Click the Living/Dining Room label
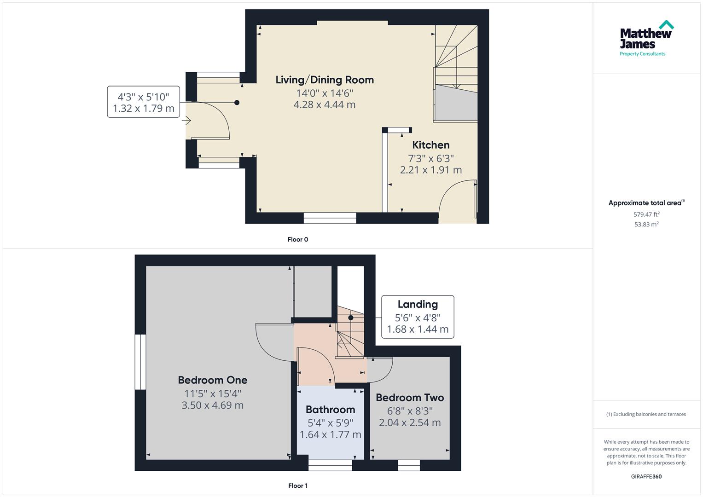(x=325, y=80)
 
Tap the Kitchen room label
(x=430, y=145)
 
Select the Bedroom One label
(x=213, y=380)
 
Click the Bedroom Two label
(x=410, y=398)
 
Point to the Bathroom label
(x=330, y=410)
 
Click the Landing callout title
(x=418, y=304)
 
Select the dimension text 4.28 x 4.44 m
(x=325, y=104)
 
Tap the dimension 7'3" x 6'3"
(x=430, y=158)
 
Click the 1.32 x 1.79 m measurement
(x=144, y=109)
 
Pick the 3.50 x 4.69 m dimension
(x=213, y=405)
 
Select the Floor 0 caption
(x=298, y=239)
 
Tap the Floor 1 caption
(x=298, y=485)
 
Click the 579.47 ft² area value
(x=646, y=214)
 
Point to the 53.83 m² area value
(x=646, y=225)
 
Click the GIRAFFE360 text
(x=646, y=476)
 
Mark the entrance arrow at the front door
(x=186, y=121)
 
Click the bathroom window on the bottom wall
(x=330, y=465)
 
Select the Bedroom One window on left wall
(x=140, y=362)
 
